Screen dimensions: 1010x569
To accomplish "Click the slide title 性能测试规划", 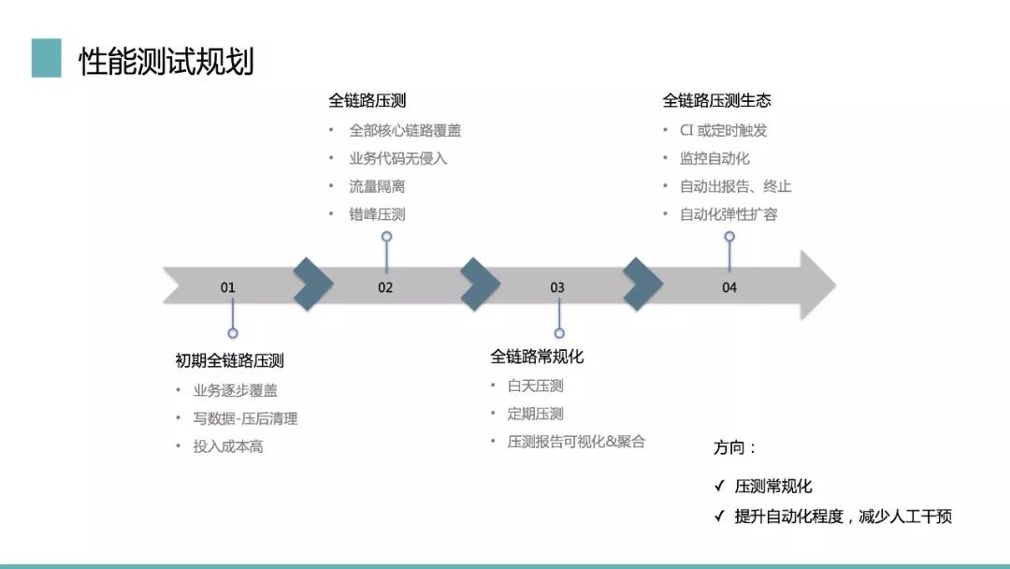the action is click(166, 61).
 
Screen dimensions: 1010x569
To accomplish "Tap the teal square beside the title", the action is click(47, 58).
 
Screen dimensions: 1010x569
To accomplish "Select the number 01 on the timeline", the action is click(228, 287).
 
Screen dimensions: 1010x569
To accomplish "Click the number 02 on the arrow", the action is click(385, 287).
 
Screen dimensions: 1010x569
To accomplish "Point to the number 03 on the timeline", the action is click(557, 287).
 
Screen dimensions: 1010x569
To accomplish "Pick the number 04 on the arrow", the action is click(729, 287).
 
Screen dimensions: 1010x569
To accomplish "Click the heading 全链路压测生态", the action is click(717, 100).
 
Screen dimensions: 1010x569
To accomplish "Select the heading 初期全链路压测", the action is click(229, 360).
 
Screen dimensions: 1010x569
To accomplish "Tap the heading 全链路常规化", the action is click(537, 357).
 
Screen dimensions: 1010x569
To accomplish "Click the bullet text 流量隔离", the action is click(378, 186).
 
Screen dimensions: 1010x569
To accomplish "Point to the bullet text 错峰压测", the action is click(378, 214).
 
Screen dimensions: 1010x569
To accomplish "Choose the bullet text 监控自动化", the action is click(714, 158).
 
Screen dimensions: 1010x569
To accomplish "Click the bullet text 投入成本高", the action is click(228, 446).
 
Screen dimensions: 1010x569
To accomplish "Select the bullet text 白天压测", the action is click(535, 386).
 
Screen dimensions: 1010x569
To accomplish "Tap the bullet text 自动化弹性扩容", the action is click(729, 214).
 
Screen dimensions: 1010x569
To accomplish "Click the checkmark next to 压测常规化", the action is click(719, 486).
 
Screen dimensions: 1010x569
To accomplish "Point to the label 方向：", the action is click(735, 447).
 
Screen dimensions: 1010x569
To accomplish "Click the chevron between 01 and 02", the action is click(313, 284).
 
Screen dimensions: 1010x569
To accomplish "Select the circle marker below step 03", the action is click(559, 333).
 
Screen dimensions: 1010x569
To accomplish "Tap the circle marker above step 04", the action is click(729, 237).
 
